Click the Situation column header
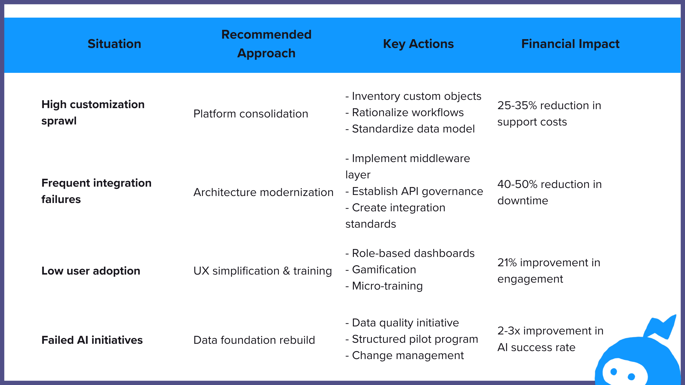pos(114,44)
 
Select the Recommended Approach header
pos(266,44)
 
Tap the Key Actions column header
pos(418,44)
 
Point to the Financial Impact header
pos(570,44)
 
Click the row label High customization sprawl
pos(93,113)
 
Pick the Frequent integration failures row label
pos(96,191)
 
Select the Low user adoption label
pos(91,271)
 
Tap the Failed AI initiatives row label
pos(92,340)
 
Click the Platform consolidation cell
pos(250,114)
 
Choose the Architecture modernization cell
pos(263,192)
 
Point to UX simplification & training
pos(263,271)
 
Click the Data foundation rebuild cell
pos(254,340)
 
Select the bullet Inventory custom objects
pos(416,96)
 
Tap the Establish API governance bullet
pos(417,191)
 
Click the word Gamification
pos(384,270)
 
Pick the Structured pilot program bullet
pos(415,339)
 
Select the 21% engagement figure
pos(507,263)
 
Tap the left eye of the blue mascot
pos(614,372)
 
